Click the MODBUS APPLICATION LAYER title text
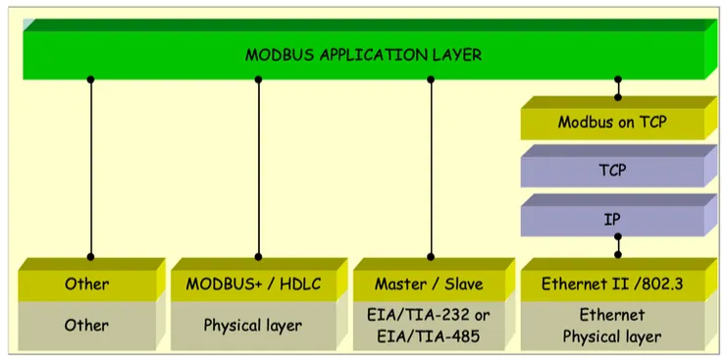363,55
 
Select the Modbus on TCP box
611,123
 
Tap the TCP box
611,170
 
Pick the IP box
611,218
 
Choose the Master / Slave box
429,284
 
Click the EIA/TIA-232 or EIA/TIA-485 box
429,325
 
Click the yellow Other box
86,284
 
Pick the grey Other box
86,325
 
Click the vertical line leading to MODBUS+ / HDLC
259,167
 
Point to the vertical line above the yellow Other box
91,167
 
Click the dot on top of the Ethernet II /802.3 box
618,254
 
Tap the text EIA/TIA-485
430,335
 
